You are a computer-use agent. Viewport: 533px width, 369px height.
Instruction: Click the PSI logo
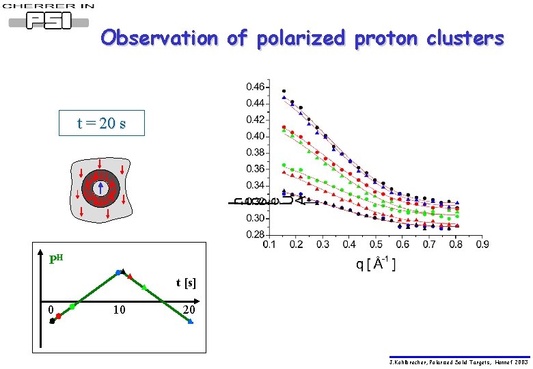pos(49,21)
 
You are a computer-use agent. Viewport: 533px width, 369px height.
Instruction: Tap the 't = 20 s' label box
pos(101,124)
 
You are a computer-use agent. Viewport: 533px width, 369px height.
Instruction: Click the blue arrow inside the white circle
pos(100,186)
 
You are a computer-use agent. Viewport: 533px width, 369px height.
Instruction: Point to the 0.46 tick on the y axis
pos(256,87)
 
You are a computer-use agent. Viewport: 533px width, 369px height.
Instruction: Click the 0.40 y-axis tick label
pos(256,136)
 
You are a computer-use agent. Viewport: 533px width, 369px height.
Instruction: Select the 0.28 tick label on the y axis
pos(256,234)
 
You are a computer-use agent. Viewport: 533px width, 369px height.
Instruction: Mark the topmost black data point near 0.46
pos(284,91)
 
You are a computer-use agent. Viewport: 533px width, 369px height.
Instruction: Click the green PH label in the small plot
pos(56,259)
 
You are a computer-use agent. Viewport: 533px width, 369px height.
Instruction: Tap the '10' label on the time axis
pos(119,310)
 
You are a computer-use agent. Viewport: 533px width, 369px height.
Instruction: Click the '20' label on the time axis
pos(190,310)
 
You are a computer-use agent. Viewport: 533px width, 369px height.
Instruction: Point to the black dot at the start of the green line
pos(52,320)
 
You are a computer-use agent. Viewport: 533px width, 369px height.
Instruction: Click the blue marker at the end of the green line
pos(191,321)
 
